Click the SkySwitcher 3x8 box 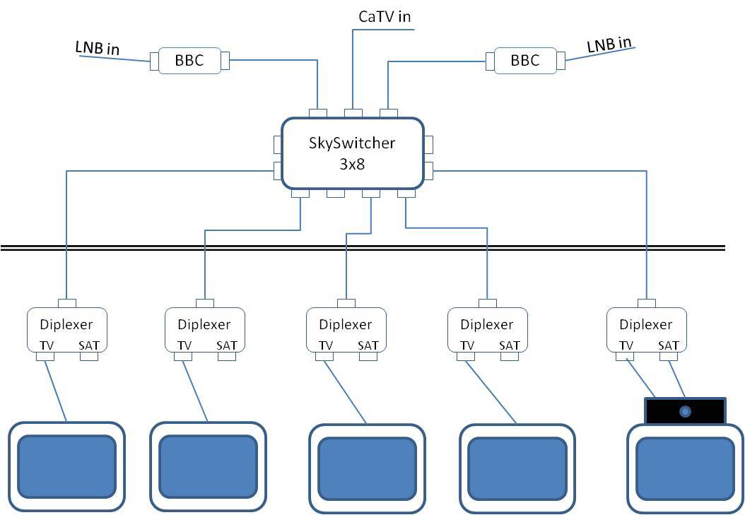tap(352, 153)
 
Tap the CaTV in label tap(385, 17)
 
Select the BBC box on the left tap(189, 61)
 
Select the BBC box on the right tap(525, 61)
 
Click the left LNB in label tap(98, 47)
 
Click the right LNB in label tap(609, 45)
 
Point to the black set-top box tap(685, 411)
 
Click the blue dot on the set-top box tap(685, 412)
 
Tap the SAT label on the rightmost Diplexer tap(668, 345)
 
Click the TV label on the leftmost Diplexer tap(47, 345)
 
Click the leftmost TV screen tap(66, 466)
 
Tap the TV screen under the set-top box tap(685, 468)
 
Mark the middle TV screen tap(367, 468)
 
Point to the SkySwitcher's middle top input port tap(353, 113)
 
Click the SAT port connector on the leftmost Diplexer tap(89, 357)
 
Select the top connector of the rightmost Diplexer tap(647, 303)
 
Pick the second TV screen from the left tap(208, 466)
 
